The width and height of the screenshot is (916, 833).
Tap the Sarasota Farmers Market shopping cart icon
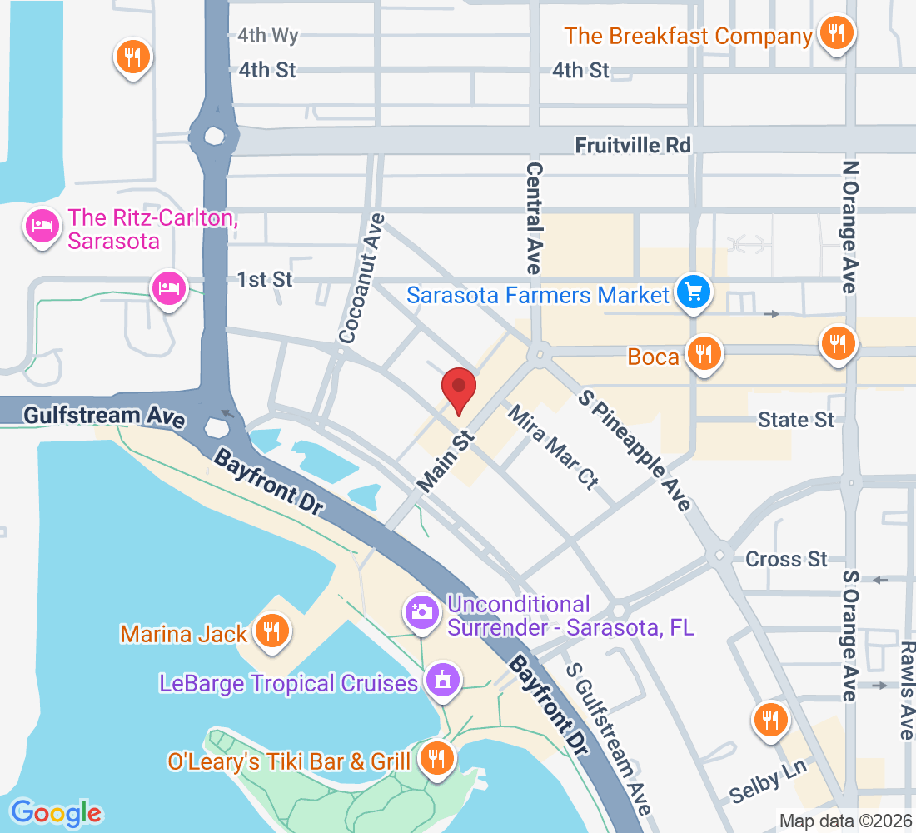pos(693,292)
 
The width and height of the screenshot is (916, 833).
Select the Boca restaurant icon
pos(704,354)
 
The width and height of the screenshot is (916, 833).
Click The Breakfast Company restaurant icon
pos(833,34)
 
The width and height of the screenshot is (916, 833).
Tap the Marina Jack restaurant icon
pos(271,631)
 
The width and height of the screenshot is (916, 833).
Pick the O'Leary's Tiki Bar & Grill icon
pos(434,757)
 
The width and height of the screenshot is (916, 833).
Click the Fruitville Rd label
pos(633,145)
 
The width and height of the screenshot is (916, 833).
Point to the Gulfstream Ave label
pos(104,416)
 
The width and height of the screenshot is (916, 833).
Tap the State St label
pos(795,419)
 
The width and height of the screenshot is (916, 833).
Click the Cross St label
pos(786,558)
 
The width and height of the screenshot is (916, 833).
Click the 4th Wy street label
pos(267,36)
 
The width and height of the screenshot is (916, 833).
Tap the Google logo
pos(57,812)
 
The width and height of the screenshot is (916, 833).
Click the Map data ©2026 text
pos(845,821)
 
